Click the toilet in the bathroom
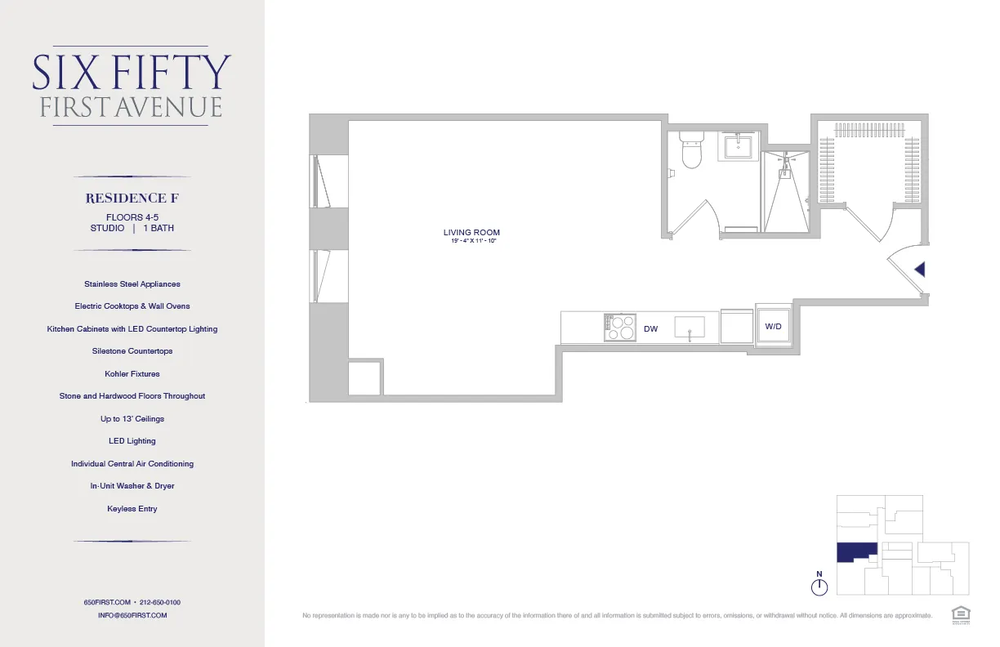(692, 153)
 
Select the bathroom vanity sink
(739, 148)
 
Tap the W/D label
(774, 327)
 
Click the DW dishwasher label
(650, 329)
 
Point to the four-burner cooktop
(619, 328)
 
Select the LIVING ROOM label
(471, 233)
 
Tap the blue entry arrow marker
(919, 269)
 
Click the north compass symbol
(819, 587)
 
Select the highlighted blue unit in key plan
(855, 553)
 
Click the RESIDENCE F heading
(132, 199)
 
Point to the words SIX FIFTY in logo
(132, 73)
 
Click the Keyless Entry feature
(132, 509)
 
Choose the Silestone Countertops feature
(132, 351)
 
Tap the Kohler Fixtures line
(132, 374)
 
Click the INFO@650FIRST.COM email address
(132, 615)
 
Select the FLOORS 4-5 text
(132, 216)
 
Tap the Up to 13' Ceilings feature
(132, 419)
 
